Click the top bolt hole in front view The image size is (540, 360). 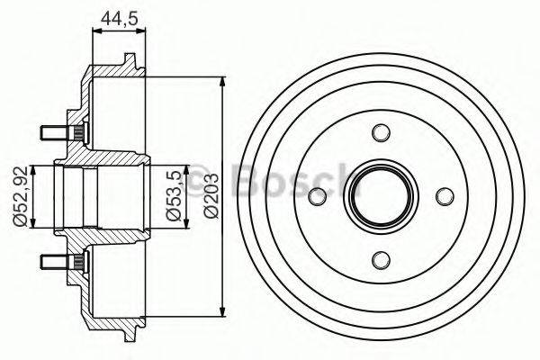381,133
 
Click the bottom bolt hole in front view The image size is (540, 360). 381,260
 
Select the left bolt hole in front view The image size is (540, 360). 317,197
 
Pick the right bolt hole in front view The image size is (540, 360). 444,197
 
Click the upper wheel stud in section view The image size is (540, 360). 56,134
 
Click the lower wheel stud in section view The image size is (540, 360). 56,261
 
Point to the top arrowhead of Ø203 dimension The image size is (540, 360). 222,82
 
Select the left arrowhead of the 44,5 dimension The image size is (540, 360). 95,33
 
